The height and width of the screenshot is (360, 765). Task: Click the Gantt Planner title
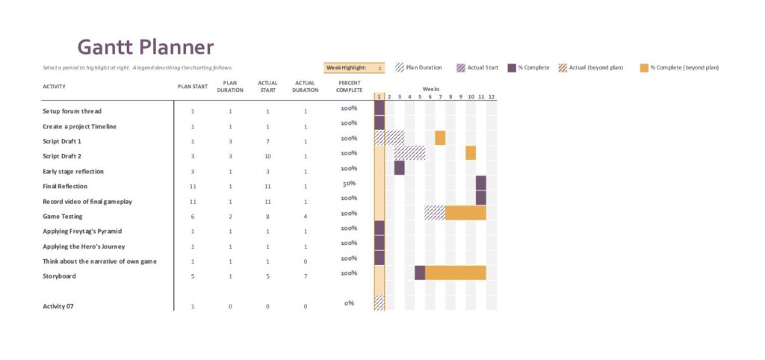point(146,47)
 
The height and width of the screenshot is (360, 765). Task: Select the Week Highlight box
point(354,68)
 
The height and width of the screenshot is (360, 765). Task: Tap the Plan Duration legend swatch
point(400,67)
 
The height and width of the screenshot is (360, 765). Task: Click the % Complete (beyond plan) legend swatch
point(644,67)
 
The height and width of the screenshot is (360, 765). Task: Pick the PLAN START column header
point(192,87)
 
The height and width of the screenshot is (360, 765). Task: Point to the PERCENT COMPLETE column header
point(349,87)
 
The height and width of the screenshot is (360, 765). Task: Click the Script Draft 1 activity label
point(62,141)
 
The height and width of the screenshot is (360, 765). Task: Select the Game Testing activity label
point(62,217)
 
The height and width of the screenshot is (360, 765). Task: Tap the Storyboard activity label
point(59,276)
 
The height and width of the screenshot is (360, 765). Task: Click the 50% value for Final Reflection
point(349,183)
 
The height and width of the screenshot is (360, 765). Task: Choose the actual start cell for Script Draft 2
point(267,156)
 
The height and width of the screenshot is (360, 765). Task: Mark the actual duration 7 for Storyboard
point(305,276)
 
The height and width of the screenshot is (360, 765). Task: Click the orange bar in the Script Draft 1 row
point(440,138)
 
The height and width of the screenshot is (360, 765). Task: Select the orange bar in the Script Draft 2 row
point(471,153)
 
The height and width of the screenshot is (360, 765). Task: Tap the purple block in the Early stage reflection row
point(400,168)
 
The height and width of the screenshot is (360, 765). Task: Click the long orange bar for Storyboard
point(456,273)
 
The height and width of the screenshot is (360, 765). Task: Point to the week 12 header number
point(491,97)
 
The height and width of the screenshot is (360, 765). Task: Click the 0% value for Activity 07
point(349,303)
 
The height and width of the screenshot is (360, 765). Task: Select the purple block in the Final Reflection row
point(481,183)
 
